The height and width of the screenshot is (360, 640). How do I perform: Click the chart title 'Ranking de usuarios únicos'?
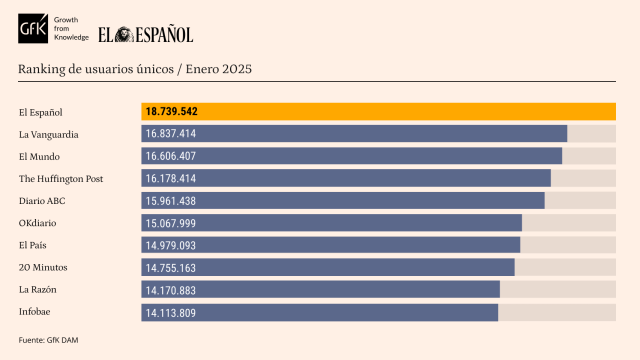coord(135,69)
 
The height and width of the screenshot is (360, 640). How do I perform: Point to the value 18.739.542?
coord(171,111)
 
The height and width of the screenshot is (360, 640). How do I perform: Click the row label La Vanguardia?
coord(49,134)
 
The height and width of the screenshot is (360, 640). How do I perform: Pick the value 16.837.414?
coord(170,134)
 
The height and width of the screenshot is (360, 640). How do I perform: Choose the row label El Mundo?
coord(39,156)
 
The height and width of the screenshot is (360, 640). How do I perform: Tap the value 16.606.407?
coord(170,156)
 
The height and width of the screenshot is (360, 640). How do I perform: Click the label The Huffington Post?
coord(61,178)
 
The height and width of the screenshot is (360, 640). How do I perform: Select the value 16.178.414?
coord(170,178)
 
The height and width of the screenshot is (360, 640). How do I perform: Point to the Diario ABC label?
coord(42,200)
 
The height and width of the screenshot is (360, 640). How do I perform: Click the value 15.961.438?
coord(170,200)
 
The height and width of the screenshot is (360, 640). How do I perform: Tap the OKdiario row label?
coord(39,223)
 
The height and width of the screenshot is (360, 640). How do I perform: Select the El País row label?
coord(34,245)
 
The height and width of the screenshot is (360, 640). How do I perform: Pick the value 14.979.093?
coord(170,245)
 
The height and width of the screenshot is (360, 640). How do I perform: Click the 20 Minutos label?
coord(42,267)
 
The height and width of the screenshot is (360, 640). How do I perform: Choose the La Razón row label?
coord(38,290)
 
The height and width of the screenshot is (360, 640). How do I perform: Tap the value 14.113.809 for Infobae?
coord(170,313)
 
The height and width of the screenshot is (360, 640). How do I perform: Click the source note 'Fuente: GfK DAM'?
coord(48,340)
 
